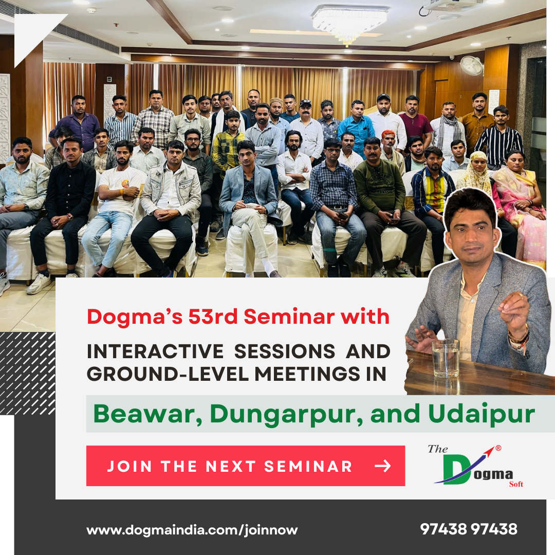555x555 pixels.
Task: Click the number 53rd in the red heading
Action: point(213,316)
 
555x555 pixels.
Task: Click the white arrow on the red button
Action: point(383,466)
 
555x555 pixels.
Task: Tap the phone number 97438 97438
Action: point(469,529)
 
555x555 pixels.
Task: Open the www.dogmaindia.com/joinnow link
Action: point(192,530)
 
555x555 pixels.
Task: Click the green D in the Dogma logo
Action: point(457,469)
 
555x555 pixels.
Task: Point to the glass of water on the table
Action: point(445,358)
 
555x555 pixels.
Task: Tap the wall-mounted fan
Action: point(471,65)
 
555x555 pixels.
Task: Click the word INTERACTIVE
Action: point(155,351)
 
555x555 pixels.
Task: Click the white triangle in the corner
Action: point(35,33)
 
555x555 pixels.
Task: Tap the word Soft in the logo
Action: point(516,484)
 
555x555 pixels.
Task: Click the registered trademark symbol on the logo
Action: point(498,448)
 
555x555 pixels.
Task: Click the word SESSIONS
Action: point(285,351)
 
